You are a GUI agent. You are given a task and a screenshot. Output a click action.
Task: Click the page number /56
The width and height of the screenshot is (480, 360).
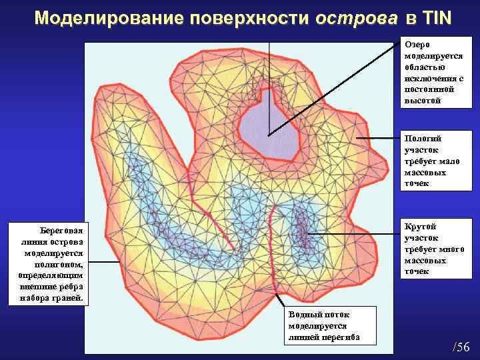(x=461, y=347)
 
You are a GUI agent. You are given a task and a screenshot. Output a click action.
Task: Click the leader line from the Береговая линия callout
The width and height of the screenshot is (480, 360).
(x=103, y=262)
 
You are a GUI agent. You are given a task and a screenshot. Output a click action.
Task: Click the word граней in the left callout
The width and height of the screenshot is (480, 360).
(x=69, y=298)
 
